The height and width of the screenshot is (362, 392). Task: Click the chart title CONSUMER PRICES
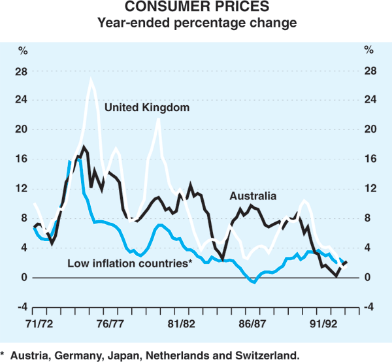pos(197,9)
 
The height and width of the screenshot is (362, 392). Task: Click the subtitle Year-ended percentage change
pos(197,24)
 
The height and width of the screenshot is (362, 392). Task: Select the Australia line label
pos(253,195)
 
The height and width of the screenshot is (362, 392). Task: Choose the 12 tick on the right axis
pos(370,189)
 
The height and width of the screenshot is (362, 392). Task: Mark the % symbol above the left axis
pos(22,50)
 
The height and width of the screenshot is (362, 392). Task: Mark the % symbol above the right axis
pos(370,50)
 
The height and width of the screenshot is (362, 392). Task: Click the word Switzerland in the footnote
pos(269,355)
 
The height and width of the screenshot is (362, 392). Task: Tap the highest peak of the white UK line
pos(91,80)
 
